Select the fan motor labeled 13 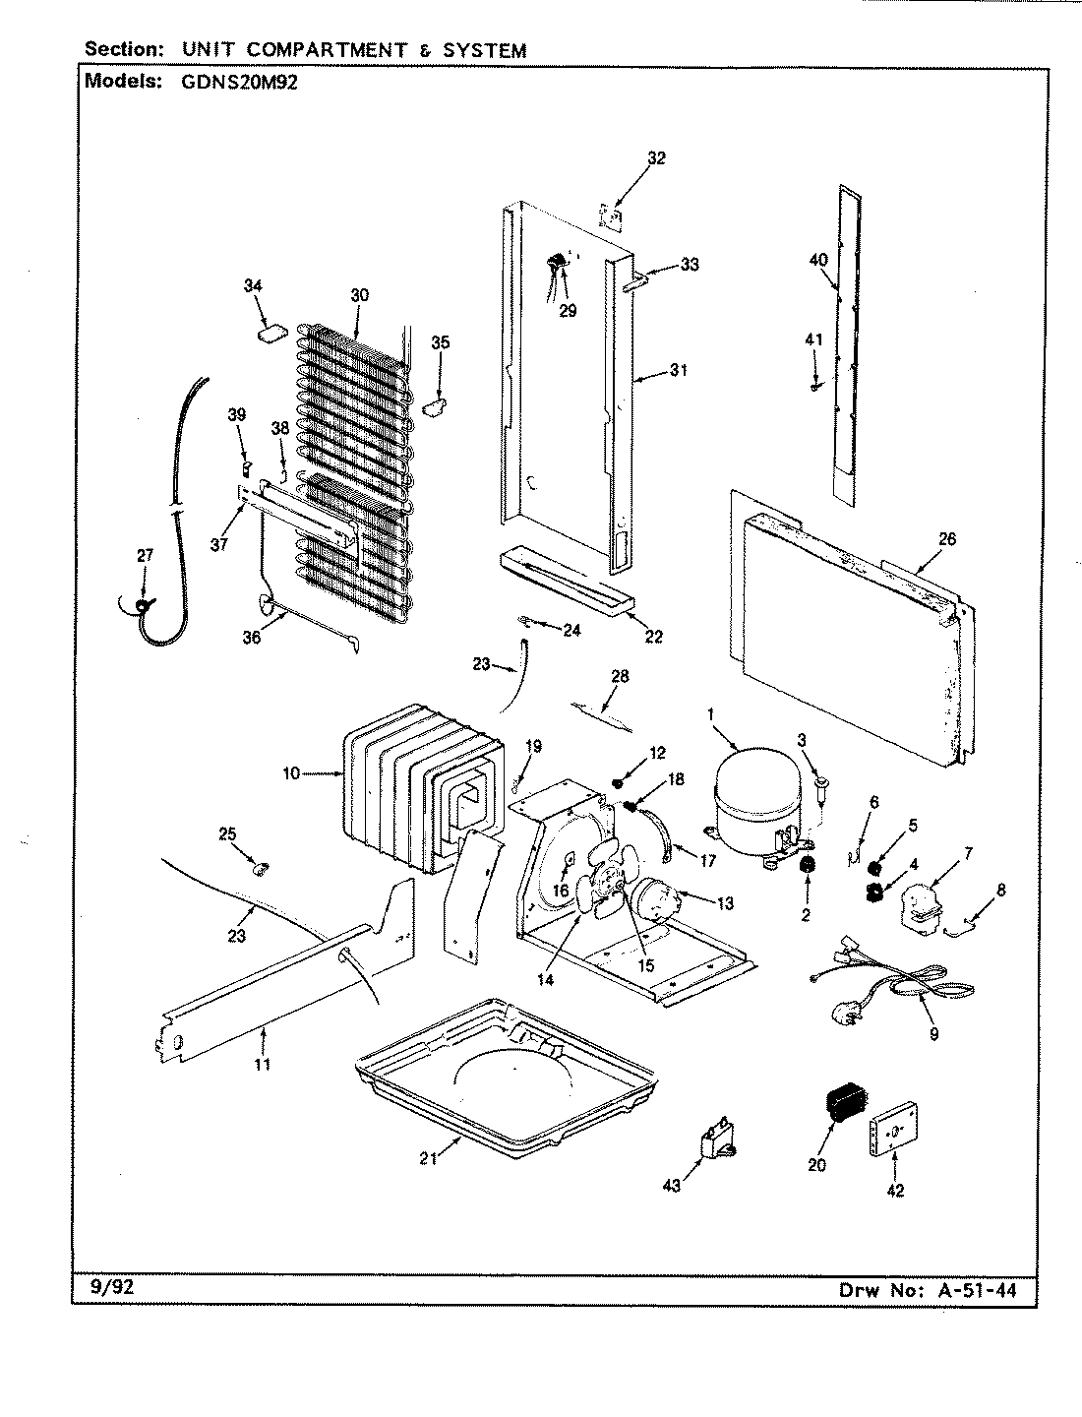tap(653, 896)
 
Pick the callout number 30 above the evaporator tap(358, 294)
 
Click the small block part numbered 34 tap(270, 334)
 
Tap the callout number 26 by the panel tap(947, 539)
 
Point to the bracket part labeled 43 tap(717, 1145)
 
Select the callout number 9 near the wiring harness tap(932, 1033)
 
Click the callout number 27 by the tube tap(145, 555)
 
